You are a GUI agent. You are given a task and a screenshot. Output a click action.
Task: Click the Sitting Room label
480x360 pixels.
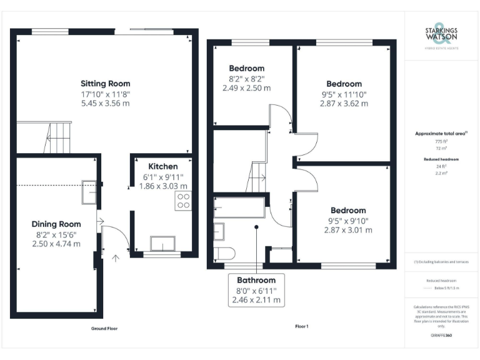pyautogui.click(x=105, y=83)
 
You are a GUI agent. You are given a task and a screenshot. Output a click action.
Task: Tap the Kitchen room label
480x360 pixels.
pyautogui.click(x=162, y=167)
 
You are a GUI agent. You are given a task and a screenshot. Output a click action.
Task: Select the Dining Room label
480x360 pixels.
pyautogui.click(x=56, y=224)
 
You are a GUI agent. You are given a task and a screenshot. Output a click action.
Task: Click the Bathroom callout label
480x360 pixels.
pyautogui.click(x=256, y=281)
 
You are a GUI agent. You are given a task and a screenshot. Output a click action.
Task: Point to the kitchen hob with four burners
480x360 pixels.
pyautogui.click(x=184, y=201)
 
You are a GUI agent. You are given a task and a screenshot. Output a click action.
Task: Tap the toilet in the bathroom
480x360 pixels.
pyautogui.click(x=223, y=253)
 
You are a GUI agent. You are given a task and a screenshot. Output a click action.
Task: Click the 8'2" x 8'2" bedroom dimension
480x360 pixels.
pyautogui.click(x=246, y=79)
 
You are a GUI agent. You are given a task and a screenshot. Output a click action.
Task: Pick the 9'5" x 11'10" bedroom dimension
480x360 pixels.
pyautogui.click(x=344, y=94)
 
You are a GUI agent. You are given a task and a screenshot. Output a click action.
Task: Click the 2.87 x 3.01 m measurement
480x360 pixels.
pyautogui.click(x=348, y=230)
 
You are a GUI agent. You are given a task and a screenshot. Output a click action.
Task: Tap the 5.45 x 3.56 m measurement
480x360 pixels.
pyautogui.click(x=105, y=102)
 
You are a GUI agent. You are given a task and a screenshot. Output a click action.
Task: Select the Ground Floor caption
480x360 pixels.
pyautogui.click(x=104, y=328)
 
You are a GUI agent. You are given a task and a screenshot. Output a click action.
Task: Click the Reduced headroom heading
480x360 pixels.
pyautogui.click(x=442, y=159)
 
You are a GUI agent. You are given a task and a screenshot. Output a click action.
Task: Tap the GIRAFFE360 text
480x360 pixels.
pyautogui.click(x=441, y=336)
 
